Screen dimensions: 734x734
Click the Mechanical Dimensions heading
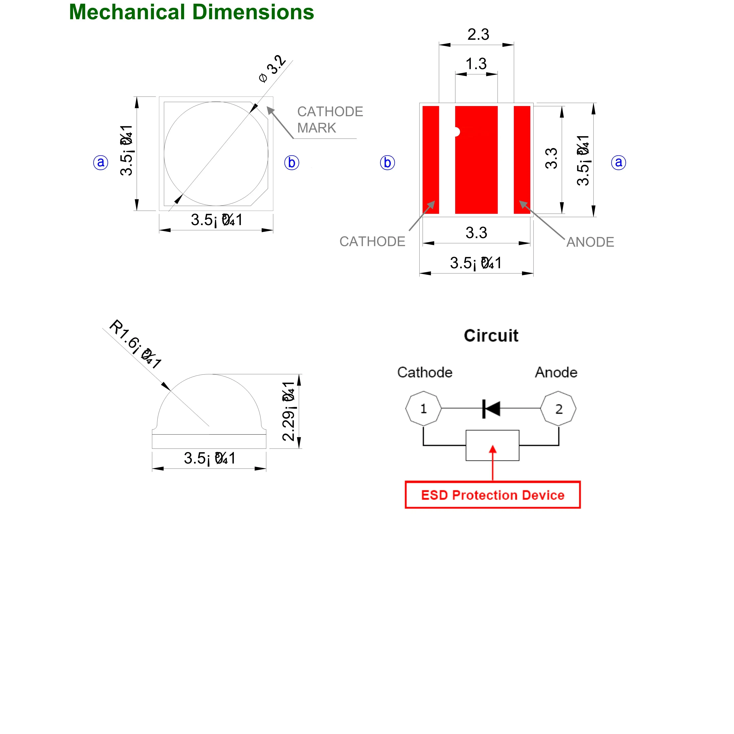[191, 12]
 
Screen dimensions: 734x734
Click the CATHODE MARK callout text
[330, 120]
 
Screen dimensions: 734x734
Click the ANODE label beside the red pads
[590, 242]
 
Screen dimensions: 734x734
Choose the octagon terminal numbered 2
[558, 409]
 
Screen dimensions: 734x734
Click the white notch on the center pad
[457, 132]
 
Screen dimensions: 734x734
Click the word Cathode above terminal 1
[425, 372]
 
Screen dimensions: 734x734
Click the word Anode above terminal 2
[556, 372]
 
